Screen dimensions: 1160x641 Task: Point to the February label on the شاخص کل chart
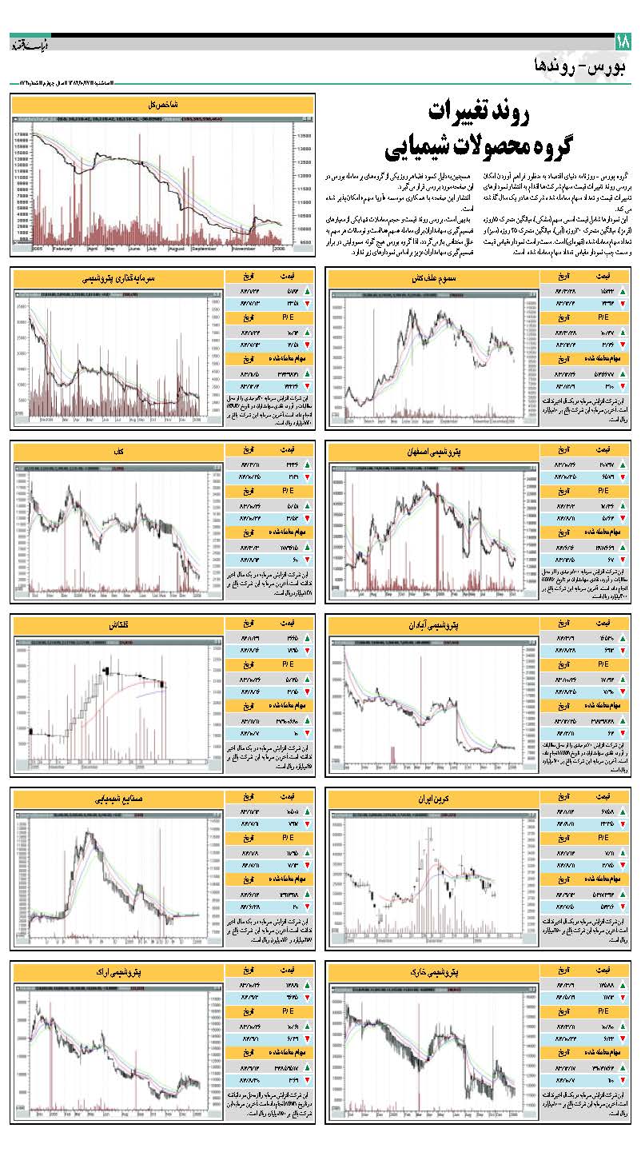click(64, 249)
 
